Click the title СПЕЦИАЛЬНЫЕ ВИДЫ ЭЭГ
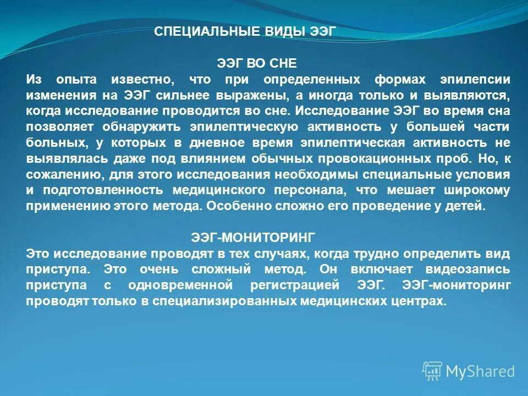click(x=244, y=31)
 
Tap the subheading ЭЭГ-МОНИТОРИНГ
click(x=253, y=238)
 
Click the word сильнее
click(x=184, y=95)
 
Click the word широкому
click(x=476, y=190)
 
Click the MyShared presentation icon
click(x=432, y=371)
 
